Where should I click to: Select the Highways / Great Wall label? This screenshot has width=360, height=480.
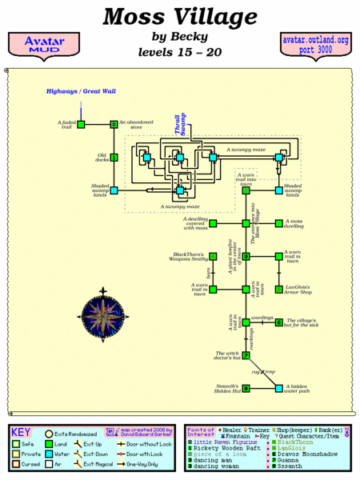81,92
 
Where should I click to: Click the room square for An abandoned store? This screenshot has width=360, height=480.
114,124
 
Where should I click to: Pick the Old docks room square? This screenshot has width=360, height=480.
114,158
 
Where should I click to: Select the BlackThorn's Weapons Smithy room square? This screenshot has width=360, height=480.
214,256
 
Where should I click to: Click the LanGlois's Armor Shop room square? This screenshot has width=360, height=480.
278,289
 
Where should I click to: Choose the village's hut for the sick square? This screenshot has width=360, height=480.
278,322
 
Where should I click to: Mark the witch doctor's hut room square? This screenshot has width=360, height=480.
246,355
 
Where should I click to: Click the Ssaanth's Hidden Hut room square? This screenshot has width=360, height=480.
246,388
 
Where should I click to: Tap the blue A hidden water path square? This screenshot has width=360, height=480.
278,388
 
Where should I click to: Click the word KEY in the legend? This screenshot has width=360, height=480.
22,431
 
